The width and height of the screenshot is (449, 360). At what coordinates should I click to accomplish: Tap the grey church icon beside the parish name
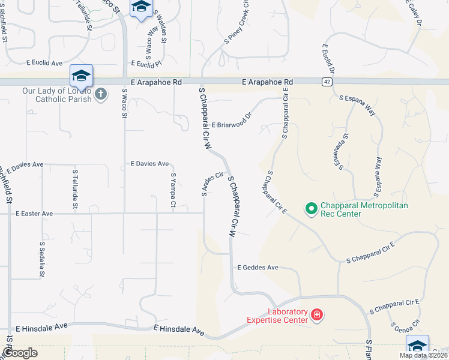pyautogui.click(x=100, y=94)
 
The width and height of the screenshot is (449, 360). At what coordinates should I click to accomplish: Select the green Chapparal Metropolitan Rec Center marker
pyautogui.click(x=311, y=209)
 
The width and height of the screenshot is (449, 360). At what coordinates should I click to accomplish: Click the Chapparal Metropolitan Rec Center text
pyautogui.click(x=364, y=209)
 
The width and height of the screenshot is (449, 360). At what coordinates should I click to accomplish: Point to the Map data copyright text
pyautogui.click(x=423, y=355)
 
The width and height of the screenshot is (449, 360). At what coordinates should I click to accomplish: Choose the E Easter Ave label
pyautogui.click(x=34, y=213)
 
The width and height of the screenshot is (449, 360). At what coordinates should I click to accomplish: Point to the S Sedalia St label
pyautogui.click(x=42, y=260)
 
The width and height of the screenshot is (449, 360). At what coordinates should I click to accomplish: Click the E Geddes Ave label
pyautogui.click(x=258, y=267)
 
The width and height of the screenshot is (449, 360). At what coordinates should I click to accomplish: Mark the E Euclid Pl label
pyautogui.click(x=146, y=63)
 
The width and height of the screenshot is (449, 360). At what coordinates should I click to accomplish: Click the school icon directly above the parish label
pyautogui.click(x=81, y=76)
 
